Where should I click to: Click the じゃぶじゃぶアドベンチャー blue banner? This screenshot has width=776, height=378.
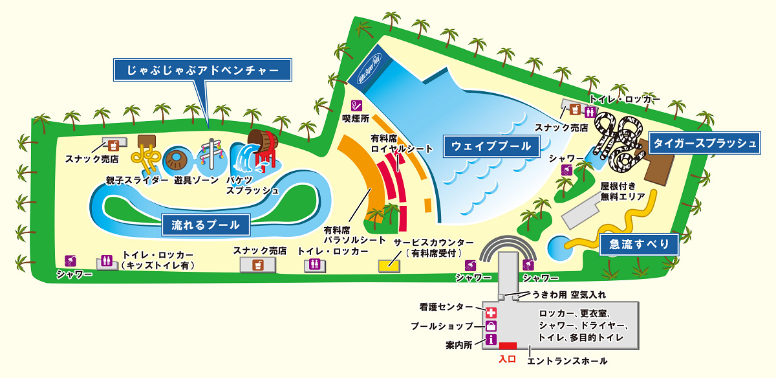202,69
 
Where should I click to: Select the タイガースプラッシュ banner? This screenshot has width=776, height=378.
704,143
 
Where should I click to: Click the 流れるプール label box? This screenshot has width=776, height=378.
206,225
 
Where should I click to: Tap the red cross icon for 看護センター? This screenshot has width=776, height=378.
491,312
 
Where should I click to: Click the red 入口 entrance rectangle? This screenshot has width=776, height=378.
508,346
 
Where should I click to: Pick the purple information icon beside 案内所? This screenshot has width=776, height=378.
491,340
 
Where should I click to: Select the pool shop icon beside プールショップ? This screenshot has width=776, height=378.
491,326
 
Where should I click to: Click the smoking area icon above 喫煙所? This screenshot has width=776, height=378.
356,105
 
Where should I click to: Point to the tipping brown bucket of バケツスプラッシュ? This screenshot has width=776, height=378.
263,140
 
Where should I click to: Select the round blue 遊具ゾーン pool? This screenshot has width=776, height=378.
177,159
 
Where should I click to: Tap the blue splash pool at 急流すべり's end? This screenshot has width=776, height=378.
557,247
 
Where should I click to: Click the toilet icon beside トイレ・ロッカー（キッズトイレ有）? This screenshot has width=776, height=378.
105,261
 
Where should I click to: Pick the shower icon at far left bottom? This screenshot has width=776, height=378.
69,261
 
